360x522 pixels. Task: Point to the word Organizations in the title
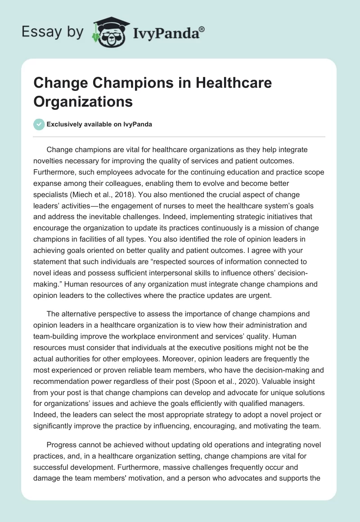point(83,101)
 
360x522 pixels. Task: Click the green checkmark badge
point(40,125)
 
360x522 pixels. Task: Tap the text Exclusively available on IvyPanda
point(100,125)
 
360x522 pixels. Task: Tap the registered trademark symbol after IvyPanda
point(202,29)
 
